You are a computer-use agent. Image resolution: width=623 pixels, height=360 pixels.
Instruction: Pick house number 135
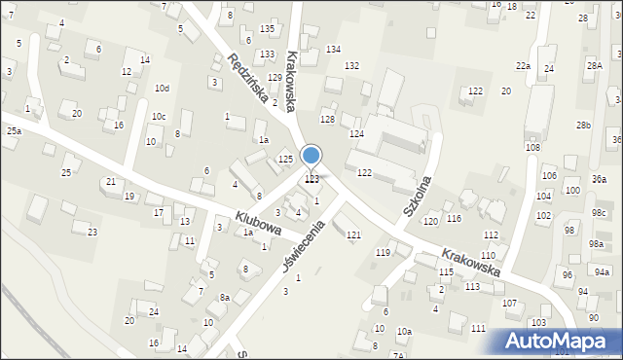click(x=267, y=29)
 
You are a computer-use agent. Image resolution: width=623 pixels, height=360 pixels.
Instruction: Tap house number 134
click(x=333, y=49)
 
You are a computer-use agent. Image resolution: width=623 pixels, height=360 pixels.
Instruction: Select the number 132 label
click(x=351, y=65)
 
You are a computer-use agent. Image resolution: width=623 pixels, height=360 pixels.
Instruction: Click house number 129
click(x=275, y=77)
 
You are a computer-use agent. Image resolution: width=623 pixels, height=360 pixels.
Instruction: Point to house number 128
click(x=327, y=119)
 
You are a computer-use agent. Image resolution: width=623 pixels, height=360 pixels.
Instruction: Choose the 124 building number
click(x=357, y=133)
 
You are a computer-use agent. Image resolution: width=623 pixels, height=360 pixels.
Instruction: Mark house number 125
click(x=285, y=159)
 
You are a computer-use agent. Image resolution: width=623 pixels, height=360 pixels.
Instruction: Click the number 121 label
click(x=353, y=235)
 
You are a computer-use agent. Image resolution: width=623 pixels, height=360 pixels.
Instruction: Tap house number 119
click(x=384, y=252)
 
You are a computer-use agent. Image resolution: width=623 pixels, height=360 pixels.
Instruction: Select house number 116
click(x=455, y=218)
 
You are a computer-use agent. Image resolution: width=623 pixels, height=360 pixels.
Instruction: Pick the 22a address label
click(x=523, y=65)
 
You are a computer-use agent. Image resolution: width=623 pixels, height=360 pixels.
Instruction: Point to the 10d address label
click(x=162, y=89)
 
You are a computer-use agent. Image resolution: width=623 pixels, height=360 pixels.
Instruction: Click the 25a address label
click(x=14, y=130)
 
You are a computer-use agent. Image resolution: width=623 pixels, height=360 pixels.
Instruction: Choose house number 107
click(x=509, y=304)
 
